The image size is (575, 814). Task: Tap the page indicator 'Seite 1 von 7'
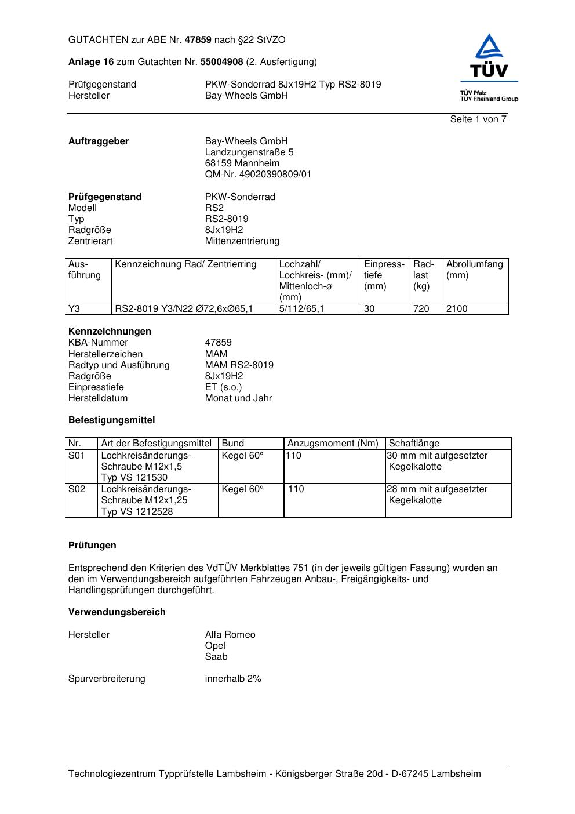click(x=478, y=119)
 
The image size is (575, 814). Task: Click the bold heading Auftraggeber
click(x=99, y=141)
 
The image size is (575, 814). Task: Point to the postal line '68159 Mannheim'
click(x=242, y=163)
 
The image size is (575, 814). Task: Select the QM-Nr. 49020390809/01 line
click(x=258, y=175)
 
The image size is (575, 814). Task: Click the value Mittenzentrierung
click(x=242, y=241)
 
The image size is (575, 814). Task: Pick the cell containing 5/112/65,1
click(x=301, y=309)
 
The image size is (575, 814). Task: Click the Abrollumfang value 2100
click(x=457, y=309)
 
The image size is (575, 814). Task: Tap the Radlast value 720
click(x=421, y=309)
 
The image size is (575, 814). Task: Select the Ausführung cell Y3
click(x=74, y=309)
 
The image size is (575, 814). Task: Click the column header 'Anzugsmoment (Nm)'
click(x=333, y=444)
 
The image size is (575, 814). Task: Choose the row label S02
click(x=77, y=489)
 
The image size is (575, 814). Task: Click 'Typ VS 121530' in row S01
click(x=134, y=478)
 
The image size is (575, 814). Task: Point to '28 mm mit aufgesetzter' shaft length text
click(x=437, y=489)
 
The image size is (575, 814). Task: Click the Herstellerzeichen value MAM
click(x=216, y=354)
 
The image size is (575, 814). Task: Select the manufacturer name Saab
click(x=216, y=657)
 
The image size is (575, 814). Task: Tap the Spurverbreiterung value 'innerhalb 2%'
click(x=233, y=679)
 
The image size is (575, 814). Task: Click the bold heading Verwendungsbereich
click(x=117, y=612)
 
